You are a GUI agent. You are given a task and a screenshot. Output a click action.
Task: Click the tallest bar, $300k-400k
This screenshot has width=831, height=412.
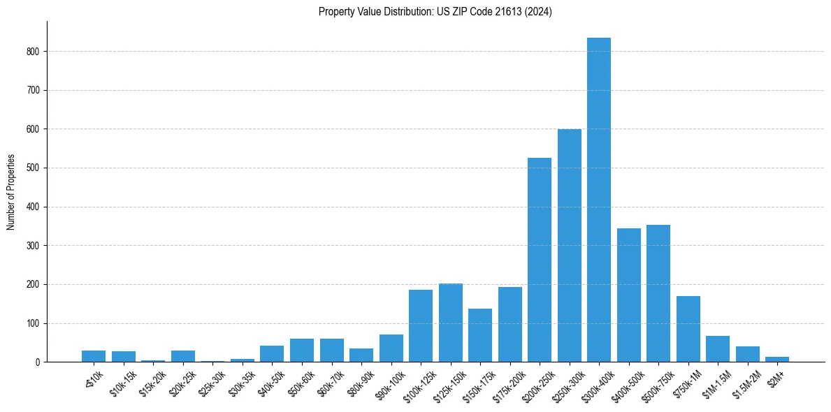[x=598, y=203]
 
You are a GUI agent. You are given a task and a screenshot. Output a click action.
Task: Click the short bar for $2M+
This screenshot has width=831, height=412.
[x=776, y=360]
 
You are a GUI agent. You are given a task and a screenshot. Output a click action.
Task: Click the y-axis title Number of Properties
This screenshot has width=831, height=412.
[x=11, y=192]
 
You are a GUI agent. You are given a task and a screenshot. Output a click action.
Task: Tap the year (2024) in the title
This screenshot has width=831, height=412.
[x=540, y=12]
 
